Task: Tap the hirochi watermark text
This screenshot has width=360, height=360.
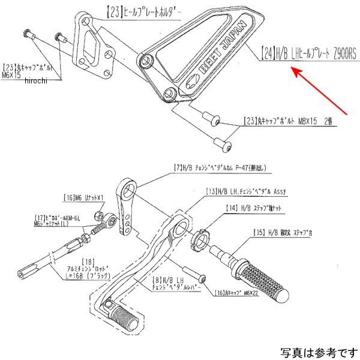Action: pos(35,82)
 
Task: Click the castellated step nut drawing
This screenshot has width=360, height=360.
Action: pos(203,239)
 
